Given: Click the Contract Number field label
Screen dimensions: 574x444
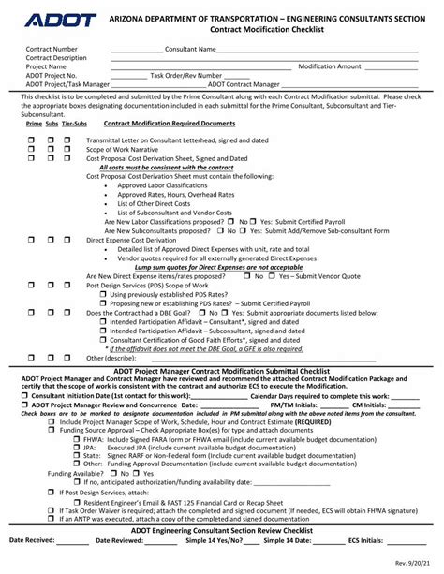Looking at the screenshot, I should coord(52,48).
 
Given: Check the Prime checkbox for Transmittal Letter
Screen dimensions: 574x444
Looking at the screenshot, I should coord(32,140).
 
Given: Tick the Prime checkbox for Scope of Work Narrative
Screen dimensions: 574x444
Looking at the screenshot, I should coord(32,149).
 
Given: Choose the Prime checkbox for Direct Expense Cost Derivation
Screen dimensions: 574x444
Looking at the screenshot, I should coord(32,240).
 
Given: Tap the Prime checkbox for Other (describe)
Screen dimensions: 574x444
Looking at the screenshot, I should coord(32,358).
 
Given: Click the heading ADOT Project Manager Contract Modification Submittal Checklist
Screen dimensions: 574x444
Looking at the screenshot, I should coord(222,368).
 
